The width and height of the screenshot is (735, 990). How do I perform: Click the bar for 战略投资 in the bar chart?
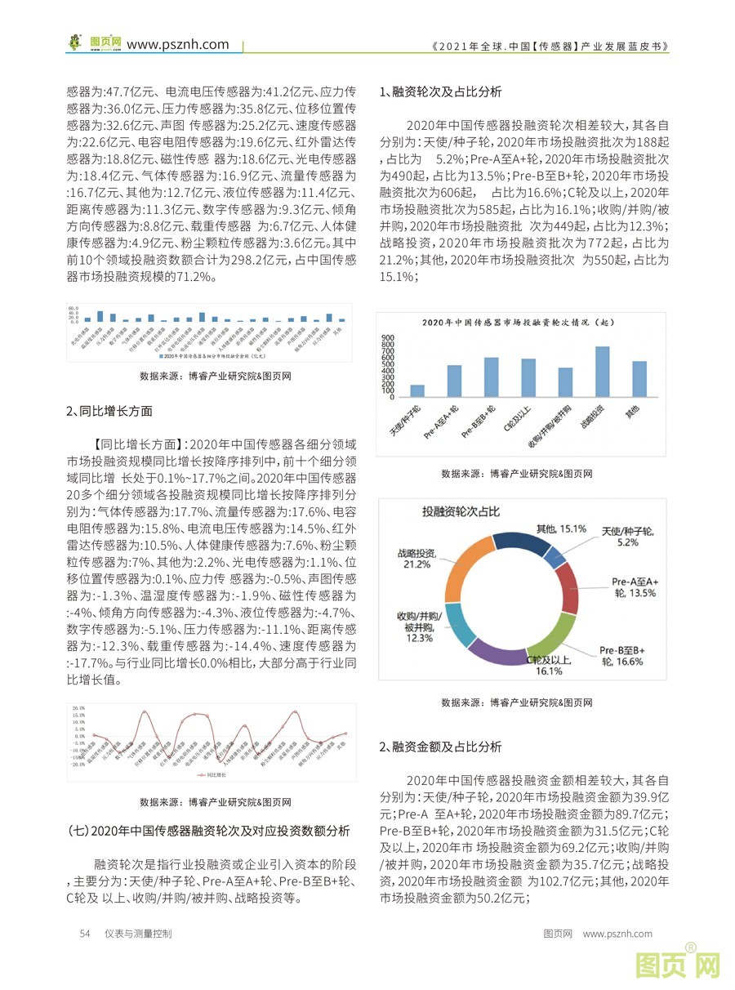click(602, 372)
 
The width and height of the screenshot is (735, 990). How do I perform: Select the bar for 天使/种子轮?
click(416, 390)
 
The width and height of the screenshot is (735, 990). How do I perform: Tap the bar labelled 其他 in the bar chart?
click(639, 379)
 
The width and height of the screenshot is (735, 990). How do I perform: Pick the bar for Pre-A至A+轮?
click(454, 381)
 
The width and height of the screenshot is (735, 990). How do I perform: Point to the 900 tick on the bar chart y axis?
click(387, 337)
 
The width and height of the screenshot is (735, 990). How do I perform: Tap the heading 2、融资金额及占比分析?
click(441, 747)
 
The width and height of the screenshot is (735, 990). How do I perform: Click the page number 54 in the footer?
click(84, 933)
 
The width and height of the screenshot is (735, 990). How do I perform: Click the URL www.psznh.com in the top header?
click(178, 44)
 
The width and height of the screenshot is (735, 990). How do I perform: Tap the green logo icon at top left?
click(76, 42)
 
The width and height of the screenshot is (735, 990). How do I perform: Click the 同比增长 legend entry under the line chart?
click(213, 773)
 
